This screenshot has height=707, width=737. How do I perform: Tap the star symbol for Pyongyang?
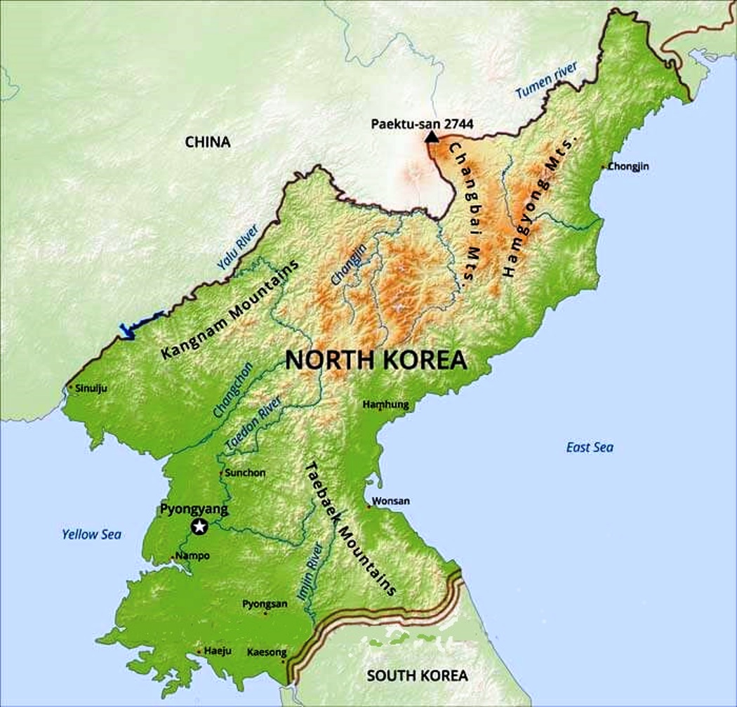(199, 527)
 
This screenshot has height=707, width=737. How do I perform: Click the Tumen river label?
(547, 80)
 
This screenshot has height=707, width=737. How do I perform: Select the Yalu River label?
(238, 247)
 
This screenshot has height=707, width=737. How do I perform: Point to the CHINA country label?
(208, 142)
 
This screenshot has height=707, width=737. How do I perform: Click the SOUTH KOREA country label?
(417, 675)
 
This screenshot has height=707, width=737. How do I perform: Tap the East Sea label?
(590, 447)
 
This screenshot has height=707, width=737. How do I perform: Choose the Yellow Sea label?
(91, 534)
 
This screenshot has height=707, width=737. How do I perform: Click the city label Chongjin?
(628, 166)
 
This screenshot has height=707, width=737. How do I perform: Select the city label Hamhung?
(385, 404)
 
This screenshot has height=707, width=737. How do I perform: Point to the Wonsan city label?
(391, 501)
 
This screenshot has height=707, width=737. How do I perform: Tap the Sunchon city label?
(245, 473)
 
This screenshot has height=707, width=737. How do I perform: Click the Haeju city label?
(218, 651)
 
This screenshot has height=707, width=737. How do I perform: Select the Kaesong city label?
(267, 652)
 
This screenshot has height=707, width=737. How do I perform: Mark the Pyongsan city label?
(265, 603)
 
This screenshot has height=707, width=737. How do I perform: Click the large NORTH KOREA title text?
(376, 360)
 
